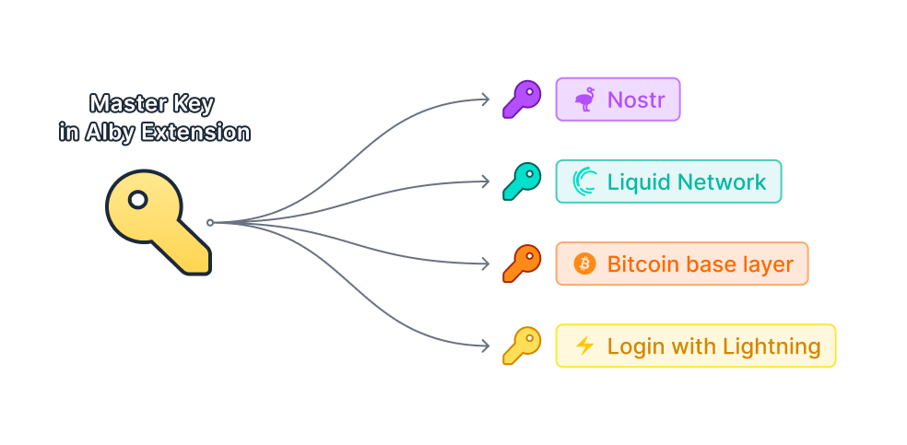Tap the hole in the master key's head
pos(138,199)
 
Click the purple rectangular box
pos(618,99)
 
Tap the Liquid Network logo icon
pos(585,181)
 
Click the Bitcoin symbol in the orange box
pos(584,264)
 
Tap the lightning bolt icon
pos(584,346)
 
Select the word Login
pos(634,346)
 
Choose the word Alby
pos(110,132)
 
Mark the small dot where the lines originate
pos(210,222)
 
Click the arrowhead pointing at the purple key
pos(487,99)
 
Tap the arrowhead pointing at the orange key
pos(487,264)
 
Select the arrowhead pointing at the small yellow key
pos(487,346)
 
